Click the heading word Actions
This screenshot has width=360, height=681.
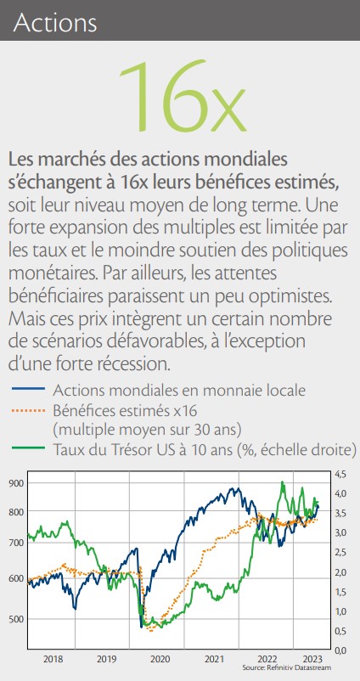55,23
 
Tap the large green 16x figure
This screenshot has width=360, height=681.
183,97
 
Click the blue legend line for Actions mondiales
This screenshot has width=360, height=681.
28,388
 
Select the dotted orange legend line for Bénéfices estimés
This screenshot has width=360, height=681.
28,410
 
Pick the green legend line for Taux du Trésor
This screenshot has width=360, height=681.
28,447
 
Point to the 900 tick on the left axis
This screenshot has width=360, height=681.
16,483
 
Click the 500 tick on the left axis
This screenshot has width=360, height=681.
16,618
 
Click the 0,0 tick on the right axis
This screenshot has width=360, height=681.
340,650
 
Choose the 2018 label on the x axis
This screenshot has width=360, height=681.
53,659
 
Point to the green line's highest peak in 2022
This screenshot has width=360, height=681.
283,481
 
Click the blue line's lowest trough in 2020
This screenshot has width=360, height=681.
142,627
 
